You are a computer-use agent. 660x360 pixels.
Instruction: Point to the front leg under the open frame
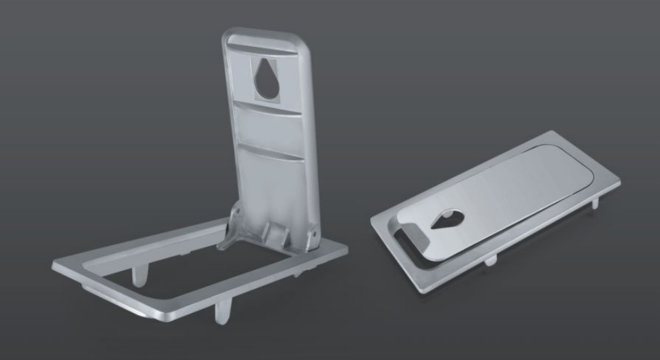[222, 312]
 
